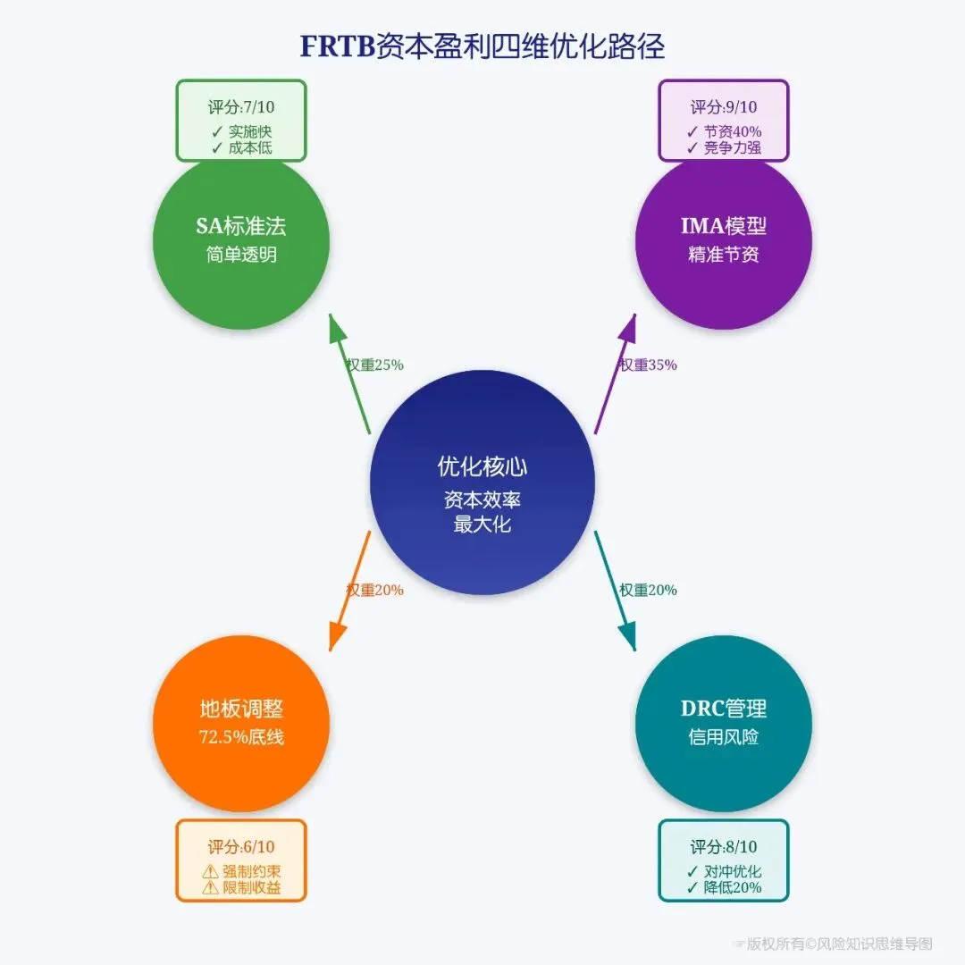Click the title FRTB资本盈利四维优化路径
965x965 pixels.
tap(482, 46)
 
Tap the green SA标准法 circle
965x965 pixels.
tap(241, 239)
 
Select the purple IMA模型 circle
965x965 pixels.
tap(724, 239)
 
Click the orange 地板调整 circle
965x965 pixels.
tap(241, 722)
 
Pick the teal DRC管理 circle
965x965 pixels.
tap(724, 722)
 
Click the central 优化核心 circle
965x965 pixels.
tap(482, 482)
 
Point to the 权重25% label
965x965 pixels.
tap(375, 365)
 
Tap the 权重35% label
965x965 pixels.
tap(648, 365)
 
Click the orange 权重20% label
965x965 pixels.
tap(375, 590)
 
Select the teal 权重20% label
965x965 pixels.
tap(648, 590)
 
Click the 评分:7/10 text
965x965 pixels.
tap(241, 107)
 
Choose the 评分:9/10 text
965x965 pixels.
tap(724, 107)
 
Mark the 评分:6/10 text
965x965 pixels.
tap(241, 847)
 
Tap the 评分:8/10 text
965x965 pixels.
tap(724, 847)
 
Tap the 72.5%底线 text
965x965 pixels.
tap(241, 737)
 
